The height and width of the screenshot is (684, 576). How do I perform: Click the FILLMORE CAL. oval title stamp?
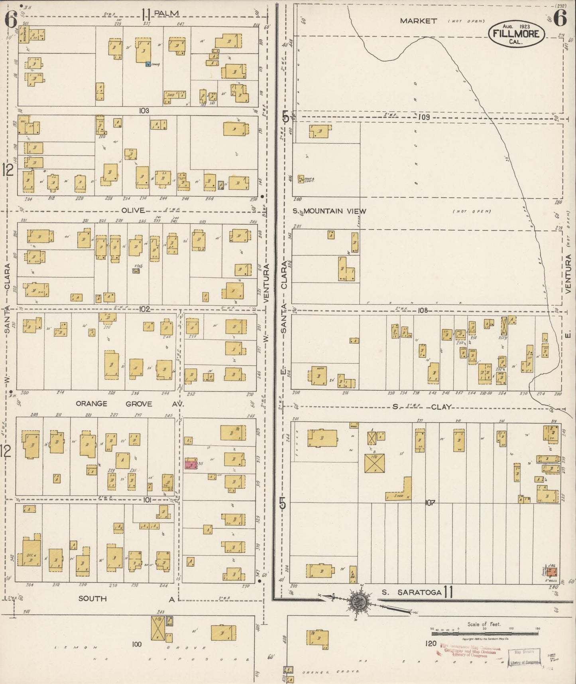pyautogui.click(x=516, y=34)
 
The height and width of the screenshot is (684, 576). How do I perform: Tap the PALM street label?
pyautogui.click(x=166, y=14)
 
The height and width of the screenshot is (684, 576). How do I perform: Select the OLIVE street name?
pyautogui.click(x=136, y=210)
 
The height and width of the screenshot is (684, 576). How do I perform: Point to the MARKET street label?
pyautogui.click(x=419, y=21)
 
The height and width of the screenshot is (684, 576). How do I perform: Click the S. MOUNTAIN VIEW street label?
pyautogui.click(x=335, y=211)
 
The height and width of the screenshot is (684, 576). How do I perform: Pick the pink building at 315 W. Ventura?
pyautogui.click(x=191, y=465)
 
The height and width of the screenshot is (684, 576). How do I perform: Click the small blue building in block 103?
pyautogui.click(x=148, y=64)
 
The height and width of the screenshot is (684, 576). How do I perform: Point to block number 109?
pyautogui.click(x=424, y=117)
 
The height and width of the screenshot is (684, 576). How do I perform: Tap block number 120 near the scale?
pyautogui.click(x=431, y=643)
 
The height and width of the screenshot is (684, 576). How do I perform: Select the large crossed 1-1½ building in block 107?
pyautogui.click(x=374, y=463)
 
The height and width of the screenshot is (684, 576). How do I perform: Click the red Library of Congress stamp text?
pyautogui.click(x=470, y=650)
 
